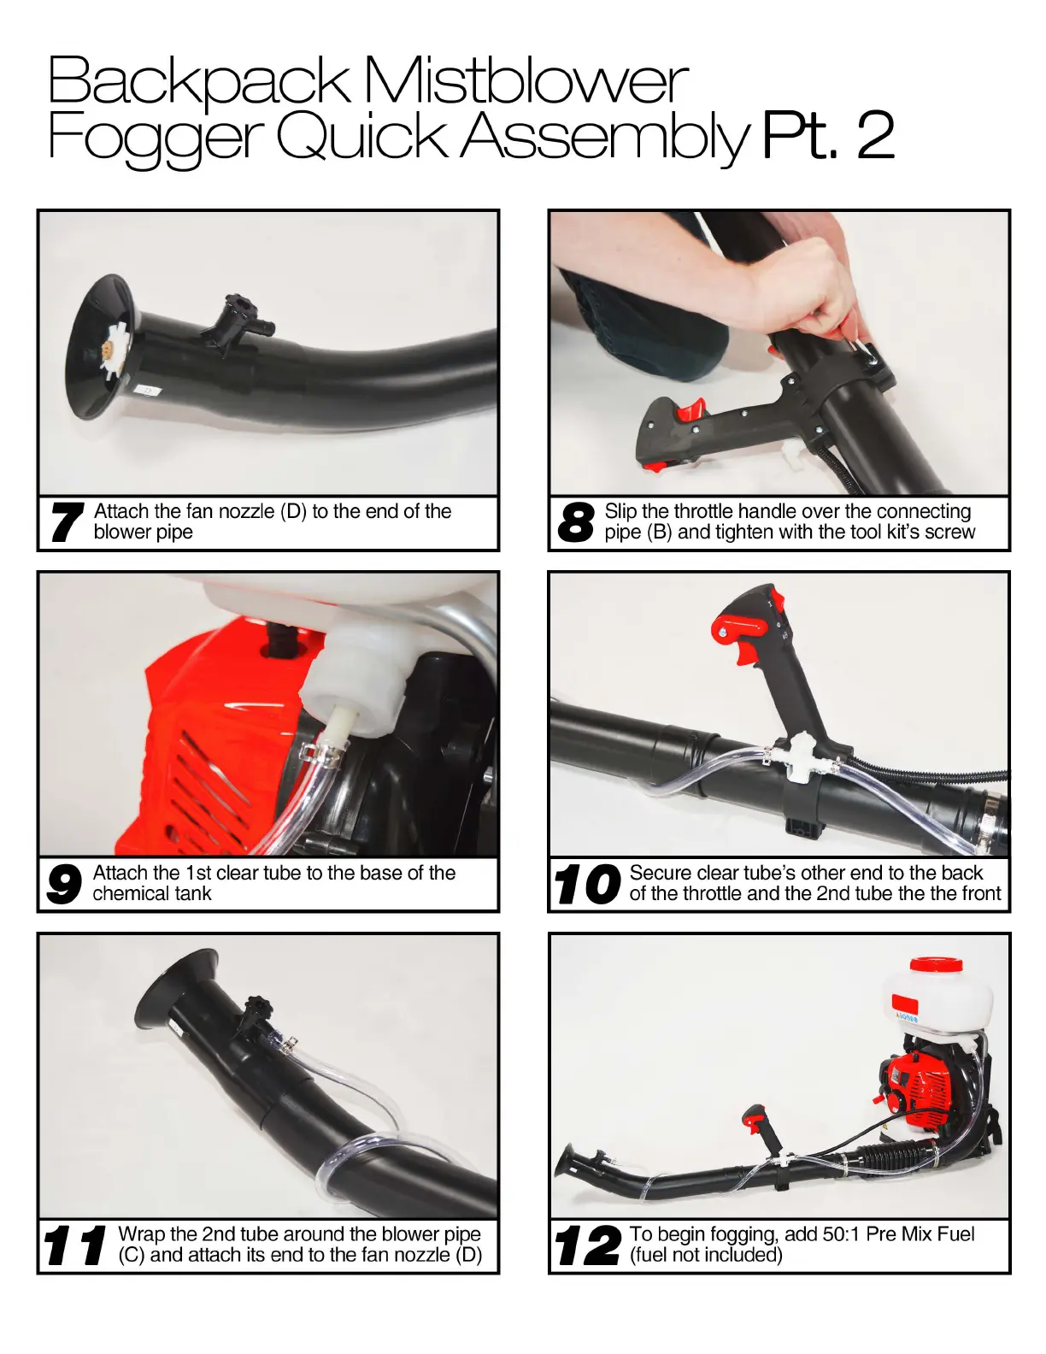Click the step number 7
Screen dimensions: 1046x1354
click(68, 522)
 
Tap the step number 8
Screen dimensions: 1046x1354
click(576, 522)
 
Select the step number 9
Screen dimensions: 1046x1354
click(63, 884)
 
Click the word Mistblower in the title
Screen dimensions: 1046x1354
click(526, 80)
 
